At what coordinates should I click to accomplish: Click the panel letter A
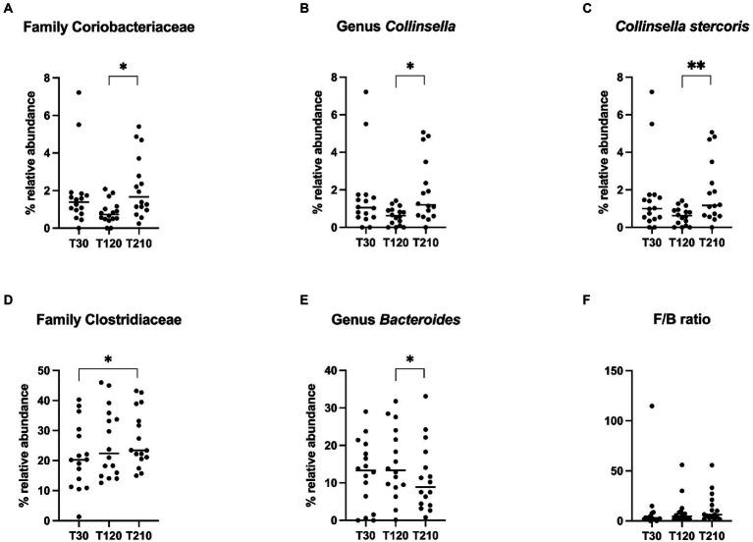point(8,8)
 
